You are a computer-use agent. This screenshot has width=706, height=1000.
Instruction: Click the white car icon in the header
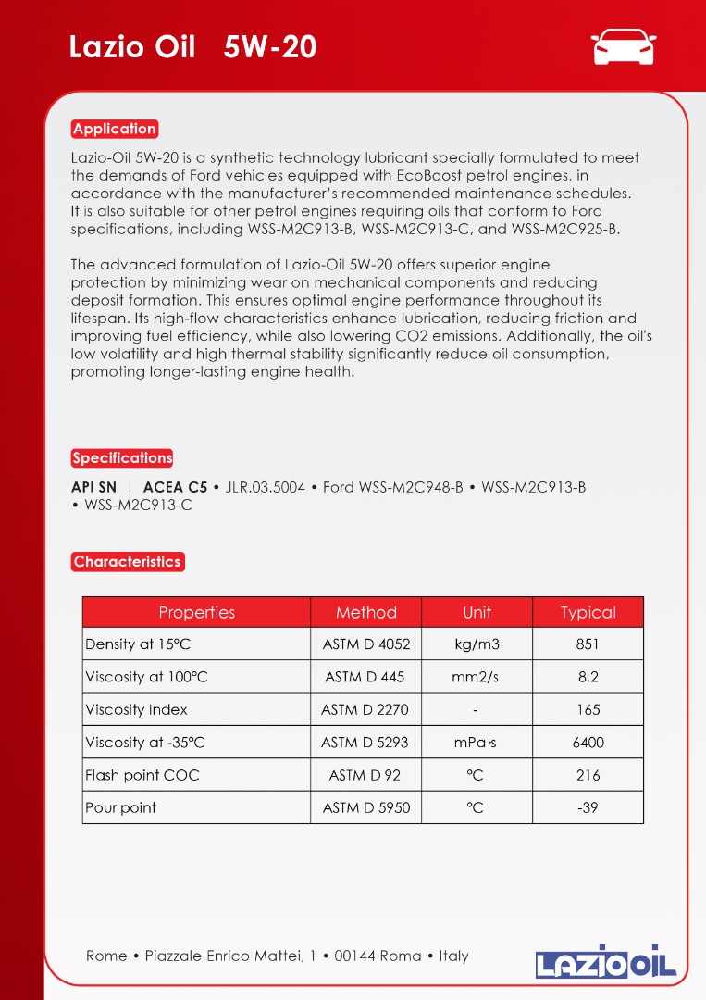click(x=624, y=47)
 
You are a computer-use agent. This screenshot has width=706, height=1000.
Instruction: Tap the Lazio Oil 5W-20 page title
click(x=192, y=47)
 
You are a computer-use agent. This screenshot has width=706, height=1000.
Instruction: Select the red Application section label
click(x=115, y=129)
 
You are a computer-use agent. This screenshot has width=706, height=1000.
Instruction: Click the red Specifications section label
click(x=122, y=457)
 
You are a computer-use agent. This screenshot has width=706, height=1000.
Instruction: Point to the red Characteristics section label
click(x=127, y=561)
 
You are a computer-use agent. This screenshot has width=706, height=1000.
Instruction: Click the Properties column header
click(x=196, y=612)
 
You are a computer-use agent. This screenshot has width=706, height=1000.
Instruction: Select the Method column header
click(x=365, y=612)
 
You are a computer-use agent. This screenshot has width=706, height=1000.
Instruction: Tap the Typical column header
click(x=588, y=612)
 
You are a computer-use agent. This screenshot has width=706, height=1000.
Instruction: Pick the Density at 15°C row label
click(x=138, y=644)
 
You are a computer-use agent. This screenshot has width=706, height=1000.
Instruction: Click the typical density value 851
click(x=588, y=644)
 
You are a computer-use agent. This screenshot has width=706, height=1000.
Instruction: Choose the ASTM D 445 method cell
click(x=365, y=677)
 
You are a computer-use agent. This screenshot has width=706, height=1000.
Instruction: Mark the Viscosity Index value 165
click(x=588, y=709)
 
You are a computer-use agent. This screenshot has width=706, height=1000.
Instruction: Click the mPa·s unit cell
click(x=476, y=742)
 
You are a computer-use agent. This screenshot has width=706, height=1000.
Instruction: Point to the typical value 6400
click(x=588, y=742)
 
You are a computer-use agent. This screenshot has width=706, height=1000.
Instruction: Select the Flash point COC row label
click(x=142, y=775)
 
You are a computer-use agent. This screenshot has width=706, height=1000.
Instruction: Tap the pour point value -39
click(x=588, y=807)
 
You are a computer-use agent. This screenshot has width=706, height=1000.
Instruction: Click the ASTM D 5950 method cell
click(x=365, y=807)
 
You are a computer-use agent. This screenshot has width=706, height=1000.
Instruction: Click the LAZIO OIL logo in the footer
click(x=606, y=961)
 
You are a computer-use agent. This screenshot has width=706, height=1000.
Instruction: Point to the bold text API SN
click(x=94, y=487)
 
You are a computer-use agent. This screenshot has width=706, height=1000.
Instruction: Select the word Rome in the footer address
click(x=106, y=956)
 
